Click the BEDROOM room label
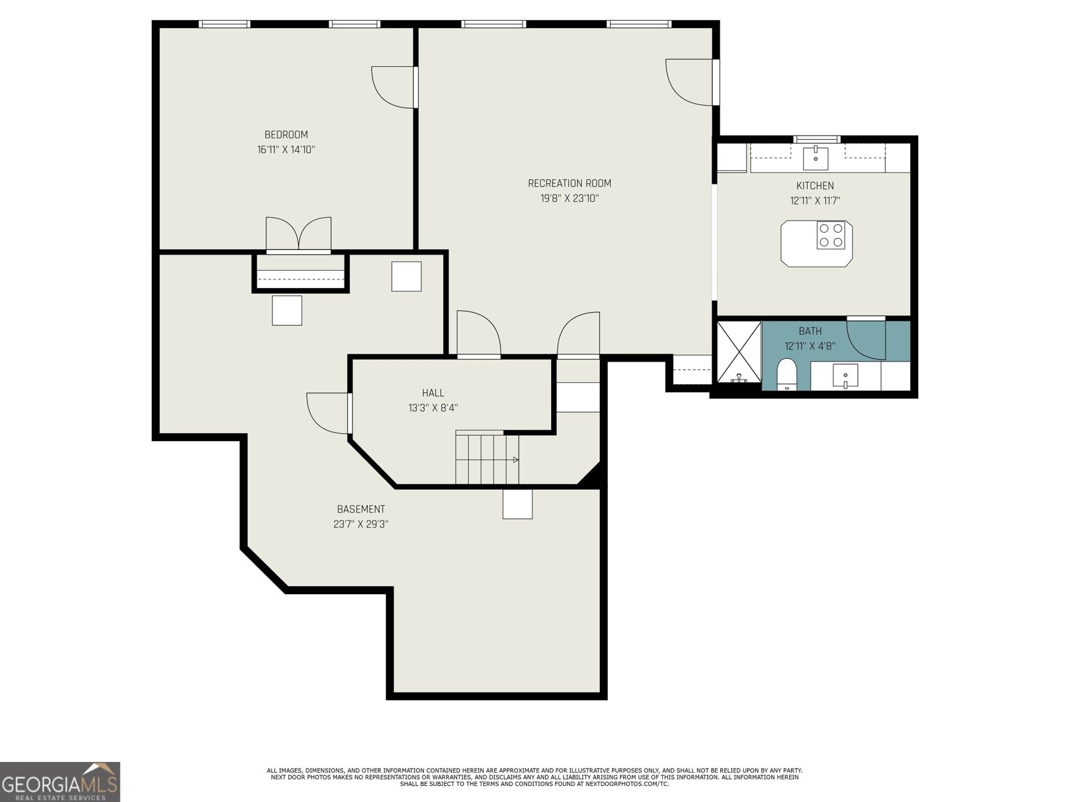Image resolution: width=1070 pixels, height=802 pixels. (286, 134)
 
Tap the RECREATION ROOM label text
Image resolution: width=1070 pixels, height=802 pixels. (569, 183)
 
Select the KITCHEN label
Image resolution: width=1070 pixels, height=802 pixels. (815, 186)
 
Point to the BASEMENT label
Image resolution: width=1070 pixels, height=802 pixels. (360, 509)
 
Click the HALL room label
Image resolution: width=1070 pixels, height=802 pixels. (433, 392)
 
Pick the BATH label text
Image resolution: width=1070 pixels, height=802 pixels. (810, 331)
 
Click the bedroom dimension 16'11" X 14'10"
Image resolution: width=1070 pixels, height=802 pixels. (286, 150)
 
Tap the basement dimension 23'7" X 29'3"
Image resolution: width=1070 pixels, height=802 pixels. (360, 524)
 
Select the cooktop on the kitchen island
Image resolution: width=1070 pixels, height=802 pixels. (831, 235)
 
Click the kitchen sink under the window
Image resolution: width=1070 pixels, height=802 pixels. (815, 157)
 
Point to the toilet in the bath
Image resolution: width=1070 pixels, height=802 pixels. (786, 374)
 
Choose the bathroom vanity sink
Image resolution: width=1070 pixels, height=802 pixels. (846, 376)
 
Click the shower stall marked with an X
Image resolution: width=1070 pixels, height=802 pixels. (739, 351)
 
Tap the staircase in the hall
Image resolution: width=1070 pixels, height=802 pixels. (487, 459)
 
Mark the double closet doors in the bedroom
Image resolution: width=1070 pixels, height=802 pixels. (298, 234)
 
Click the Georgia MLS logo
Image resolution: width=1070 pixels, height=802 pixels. (60, 781)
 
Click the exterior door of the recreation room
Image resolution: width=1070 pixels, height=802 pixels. (692, 82)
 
